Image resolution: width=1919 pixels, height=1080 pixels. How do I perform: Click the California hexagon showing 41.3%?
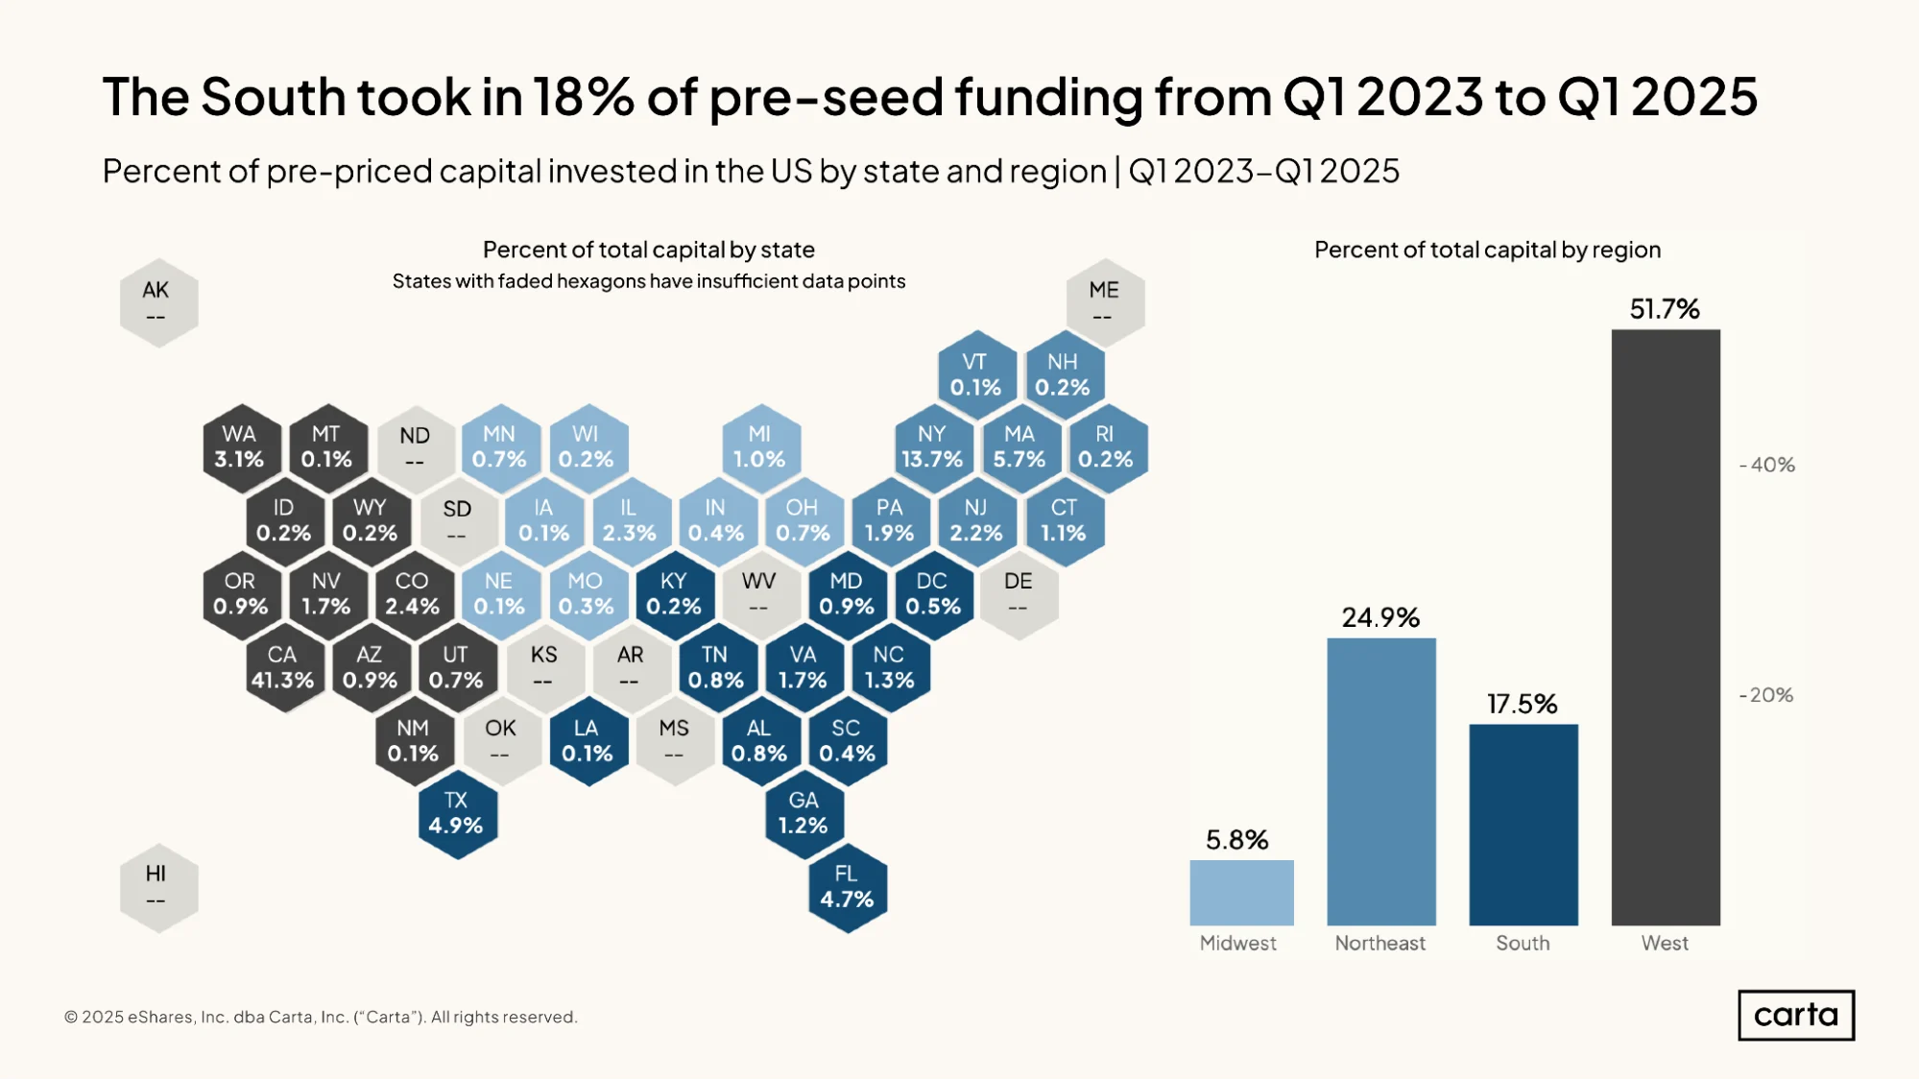pyautogui.click(x=283, y=667)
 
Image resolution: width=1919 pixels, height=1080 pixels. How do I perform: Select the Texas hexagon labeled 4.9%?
pyautogui.click(x=457, y=814)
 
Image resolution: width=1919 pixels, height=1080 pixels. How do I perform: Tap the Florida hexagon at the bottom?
pyautogui.click(x=847, y=887)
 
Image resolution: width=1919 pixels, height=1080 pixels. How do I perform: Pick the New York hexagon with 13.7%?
pyautogui.click(x=932, y=447)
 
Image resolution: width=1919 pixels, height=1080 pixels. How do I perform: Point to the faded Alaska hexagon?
pyautogui.click(x=158, y=302)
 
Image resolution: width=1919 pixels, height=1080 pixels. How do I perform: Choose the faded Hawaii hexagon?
pyautogui.click(x=158, y=887)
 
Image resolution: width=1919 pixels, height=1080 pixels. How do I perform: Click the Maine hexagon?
pyautogui.click(x=1105, y=302)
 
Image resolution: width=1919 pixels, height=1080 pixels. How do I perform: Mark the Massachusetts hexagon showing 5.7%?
pyautogui.click(x=1019, y=447)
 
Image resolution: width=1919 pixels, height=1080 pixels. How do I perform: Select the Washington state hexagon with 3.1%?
pyautogui.click(x=241, y=447)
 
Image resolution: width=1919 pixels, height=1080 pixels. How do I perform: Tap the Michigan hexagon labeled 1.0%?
pyautogui.click(x=760, y=447)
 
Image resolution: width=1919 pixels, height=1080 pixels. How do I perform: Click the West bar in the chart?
pyautogui.click(x=1666, y=628)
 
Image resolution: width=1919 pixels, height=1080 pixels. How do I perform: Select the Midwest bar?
pyautogui.click(x=1241, y=893)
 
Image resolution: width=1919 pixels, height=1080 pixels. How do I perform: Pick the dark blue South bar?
pyautogui.click(x=1523, y=826)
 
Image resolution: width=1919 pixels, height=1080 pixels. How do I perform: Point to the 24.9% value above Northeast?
pyautogui.click(x=1380, y=617)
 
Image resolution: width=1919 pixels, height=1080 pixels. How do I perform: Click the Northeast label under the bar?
pyautogui.click(x=1380, y=944)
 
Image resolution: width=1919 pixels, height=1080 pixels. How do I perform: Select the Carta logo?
pyautogui.click(x=1796, y=1016)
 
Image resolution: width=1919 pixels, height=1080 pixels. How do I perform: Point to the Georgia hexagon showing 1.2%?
pyautogui.click(x=804, y=814)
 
